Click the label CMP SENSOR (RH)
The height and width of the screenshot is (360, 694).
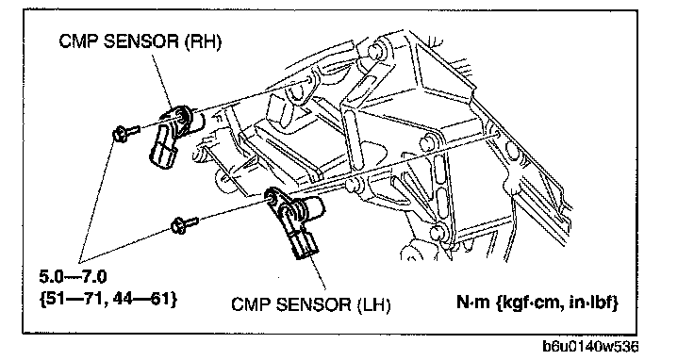tap(140, 41)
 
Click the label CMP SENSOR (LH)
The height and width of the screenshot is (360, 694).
tap(311, 304)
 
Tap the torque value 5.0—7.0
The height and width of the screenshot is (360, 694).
tap(73, 277)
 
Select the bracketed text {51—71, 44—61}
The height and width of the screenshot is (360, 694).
tap(108, 299)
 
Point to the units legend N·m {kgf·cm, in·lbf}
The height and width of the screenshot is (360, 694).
tap(537, 303)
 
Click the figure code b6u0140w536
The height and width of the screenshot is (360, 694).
tap(590, 347)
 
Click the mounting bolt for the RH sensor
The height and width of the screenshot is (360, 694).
tap(126, 132)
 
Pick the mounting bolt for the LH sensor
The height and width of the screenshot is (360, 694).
tap(184, 224)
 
